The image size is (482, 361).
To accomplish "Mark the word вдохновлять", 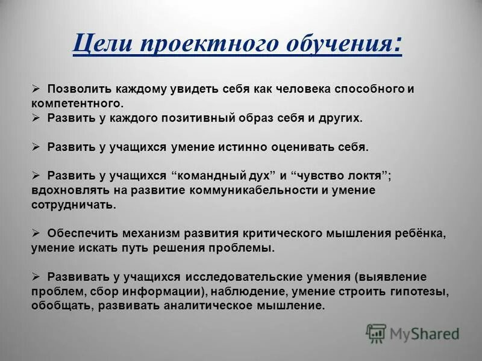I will point(67,191).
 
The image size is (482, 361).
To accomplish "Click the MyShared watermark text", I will point(424,333).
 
